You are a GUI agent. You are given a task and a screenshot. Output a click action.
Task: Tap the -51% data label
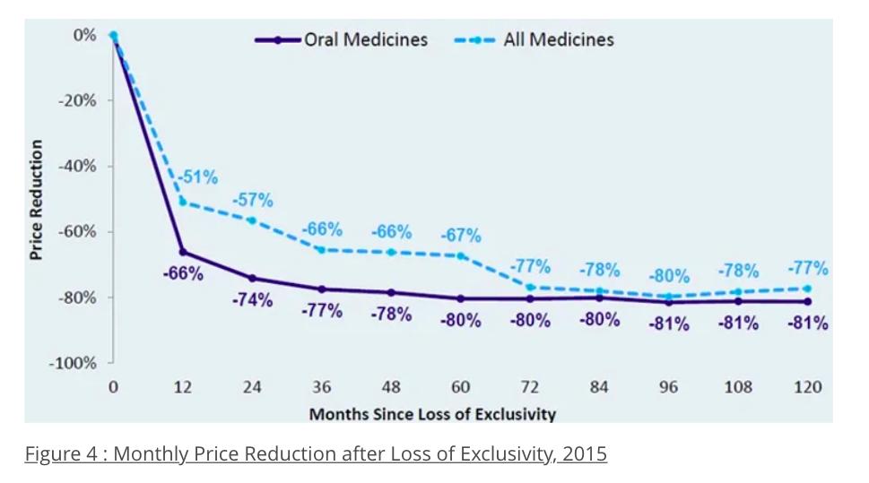pyautogui.click(x=197, y=177)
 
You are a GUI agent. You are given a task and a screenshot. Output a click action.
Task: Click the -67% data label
pyautogui.click(x=460, y=236)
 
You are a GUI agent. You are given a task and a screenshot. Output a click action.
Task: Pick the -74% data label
pyautogui.click(x=252, y=300)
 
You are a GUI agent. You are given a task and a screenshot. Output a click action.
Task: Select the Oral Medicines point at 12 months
pyautogui.click(x=183, y=252)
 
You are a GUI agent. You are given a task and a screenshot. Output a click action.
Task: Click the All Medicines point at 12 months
pyautogui.click(x=183, y=202)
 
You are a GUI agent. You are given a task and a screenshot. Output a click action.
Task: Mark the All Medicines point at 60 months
pyautogui.click(x=461, y=255)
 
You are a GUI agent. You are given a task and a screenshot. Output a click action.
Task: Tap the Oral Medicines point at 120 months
pyautogui.click(x=807, y=301)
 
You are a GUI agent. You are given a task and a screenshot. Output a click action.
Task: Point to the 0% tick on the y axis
pyautogui.click(x=84, y=35)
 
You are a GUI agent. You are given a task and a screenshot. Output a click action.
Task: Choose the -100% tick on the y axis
pyautogui.click(x=73, y=363)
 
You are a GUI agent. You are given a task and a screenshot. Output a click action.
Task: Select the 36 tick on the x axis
pyautogui.click(x=321, y=387)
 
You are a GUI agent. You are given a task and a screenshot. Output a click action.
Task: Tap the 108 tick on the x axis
pyautogui.click(x=737, y=387)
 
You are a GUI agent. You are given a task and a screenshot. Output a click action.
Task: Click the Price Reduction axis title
pyautogui.click(x=37, y=200)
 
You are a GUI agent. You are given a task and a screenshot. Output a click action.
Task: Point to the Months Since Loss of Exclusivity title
pyautogui.click(x=432, y=414)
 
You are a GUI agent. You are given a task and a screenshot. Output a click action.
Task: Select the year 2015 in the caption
pyautogui.click(x=584, y=453)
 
